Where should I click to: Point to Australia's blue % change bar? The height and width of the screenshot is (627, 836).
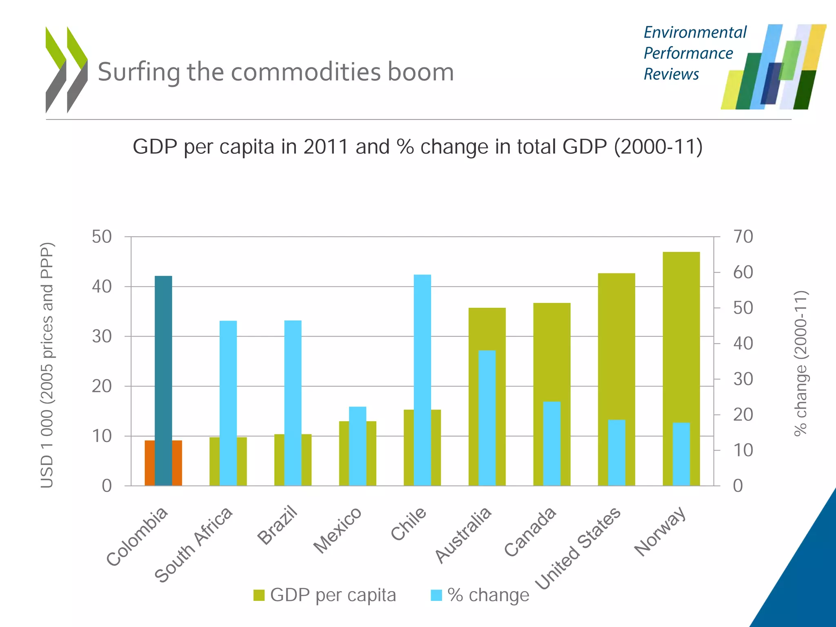[487, 416]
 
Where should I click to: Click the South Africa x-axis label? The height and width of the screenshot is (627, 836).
[193, 545]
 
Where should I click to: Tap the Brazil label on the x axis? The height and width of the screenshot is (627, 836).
[278, 525]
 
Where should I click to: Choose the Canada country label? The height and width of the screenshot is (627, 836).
[530, 531]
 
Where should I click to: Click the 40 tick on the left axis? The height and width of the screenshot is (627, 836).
[102, 287]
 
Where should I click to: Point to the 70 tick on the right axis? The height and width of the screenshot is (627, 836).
[743, 237]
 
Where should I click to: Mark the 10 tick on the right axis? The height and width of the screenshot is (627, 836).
[743, 450]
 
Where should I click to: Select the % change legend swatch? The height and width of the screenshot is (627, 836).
[436, 595]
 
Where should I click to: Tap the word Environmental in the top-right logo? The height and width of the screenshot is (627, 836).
[695, 33]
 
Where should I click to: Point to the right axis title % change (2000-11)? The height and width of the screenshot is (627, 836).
[801, 363]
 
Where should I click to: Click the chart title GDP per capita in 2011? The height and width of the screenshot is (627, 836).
[417, 147]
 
